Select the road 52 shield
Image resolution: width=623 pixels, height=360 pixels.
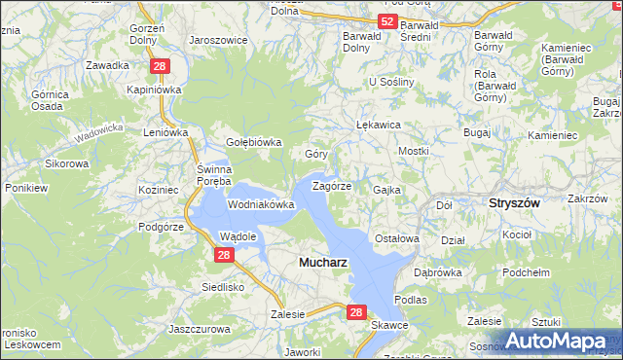click(388, 21)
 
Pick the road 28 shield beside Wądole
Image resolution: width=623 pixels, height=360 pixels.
click(224, 255)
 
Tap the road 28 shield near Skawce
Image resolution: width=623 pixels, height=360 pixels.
click(356, 313)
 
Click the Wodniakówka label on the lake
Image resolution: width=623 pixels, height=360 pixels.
click(261, 205)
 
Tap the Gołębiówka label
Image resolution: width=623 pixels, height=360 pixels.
click(253, 141)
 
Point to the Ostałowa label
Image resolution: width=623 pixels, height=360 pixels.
click(397, 238)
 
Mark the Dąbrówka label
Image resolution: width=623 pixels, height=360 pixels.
click(438, 272)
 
